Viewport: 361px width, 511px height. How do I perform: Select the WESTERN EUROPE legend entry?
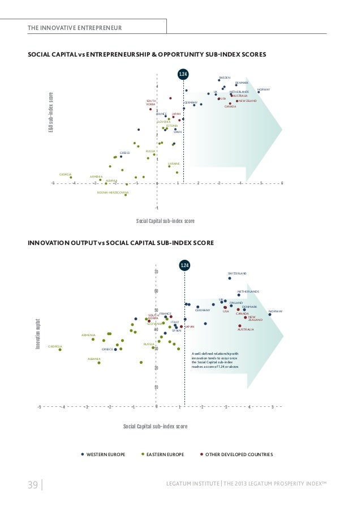105,454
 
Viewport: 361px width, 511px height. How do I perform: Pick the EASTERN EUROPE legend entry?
165,454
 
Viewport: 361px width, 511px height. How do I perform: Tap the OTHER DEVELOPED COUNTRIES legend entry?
239,454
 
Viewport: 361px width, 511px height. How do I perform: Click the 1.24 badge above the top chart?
183,74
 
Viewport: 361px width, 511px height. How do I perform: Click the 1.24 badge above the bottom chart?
184,265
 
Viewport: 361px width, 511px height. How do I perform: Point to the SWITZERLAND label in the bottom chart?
238,273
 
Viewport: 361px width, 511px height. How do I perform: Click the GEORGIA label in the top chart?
65,174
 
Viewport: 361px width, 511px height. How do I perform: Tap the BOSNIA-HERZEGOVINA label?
113,192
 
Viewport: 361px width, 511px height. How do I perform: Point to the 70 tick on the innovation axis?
156,272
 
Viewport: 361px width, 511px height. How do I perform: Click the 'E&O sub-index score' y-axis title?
50,113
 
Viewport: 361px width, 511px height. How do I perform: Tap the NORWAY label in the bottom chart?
276,311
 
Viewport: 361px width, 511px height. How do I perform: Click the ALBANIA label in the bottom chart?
94,359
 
